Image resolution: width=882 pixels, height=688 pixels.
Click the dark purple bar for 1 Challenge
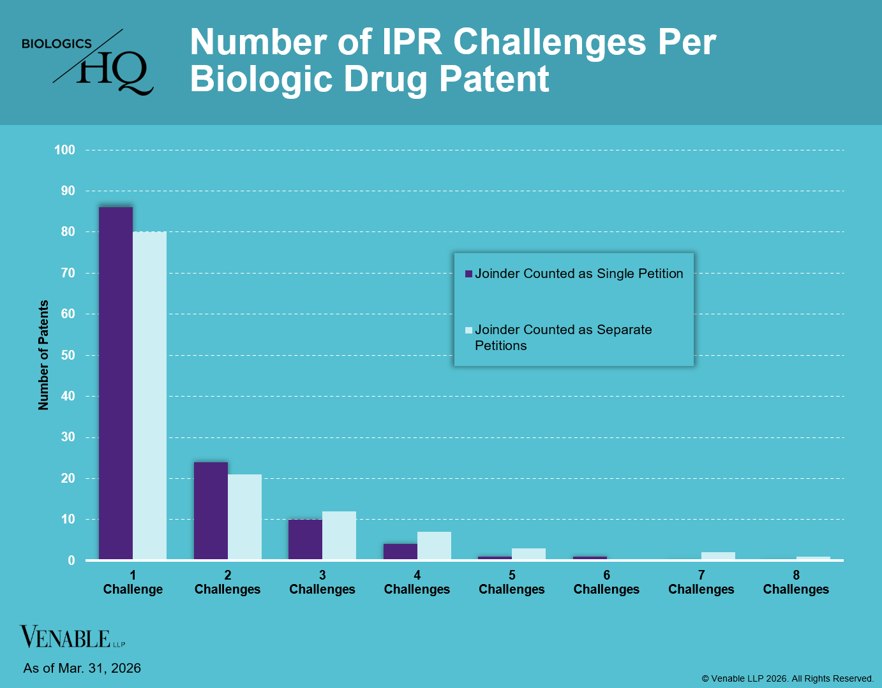(x=116, y=383)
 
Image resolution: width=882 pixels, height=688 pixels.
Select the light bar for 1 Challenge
(x=149, y=396)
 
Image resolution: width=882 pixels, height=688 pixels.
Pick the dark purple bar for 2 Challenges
(x=211, y=511)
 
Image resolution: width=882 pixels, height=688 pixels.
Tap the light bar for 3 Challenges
(x=339, y=536)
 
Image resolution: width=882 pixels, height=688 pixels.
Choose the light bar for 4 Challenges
(x=434, y=546)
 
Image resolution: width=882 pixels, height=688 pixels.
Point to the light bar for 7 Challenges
(x=718, y=556)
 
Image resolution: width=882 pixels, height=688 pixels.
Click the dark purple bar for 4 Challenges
(x=400, y=552)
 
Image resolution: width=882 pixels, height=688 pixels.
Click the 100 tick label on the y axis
(x=64, y=150)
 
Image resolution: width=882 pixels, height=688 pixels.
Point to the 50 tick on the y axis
(x=68, y=355)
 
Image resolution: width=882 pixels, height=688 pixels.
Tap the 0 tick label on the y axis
(x=71, y=560)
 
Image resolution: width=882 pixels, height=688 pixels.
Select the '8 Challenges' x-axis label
(x=796, y=582)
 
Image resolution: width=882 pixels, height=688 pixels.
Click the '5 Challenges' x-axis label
(x=512, y=582)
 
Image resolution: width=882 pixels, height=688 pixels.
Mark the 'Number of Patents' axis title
(x=43, y=355)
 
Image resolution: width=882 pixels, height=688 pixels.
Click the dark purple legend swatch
(x=469, y=274)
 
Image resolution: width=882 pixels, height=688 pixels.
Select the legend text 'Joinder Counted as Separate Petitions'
(x=564, y=337)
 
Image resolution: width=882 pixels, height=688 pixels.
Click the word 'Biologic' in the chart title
(x=261, y=79)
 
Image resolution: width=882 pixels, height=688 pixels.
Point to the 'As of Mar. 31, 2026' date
(x=82, y=668)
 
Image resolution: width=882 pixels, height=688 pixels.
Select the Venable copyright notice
(x=788, y=678)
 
